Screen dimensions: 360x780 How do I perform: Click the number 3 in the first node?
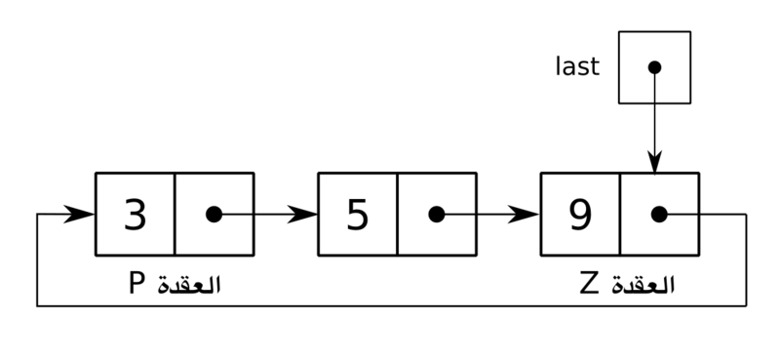(x=135, y=215)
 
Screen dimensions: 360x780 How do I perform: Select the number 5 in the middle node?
(x=358, y=215)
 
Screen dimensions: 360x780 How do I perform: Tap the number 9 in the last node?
(x=580, y=215)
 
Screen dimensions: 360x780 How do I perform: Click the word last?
(x=578, y=66)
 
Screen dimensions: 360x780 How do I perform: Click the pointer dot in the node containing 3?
(x=214, y=215)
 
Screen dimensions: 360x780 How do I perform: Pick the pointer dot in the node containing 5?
(x=436, y=215)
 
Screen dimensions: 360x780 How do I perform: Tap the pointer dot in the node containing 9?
(x=658, y=215)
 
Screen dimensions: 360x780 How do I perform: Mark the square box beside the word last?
(x=654, y=66)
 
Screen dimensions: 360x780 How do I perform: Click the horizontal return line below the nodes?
(x=390, y=306)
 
